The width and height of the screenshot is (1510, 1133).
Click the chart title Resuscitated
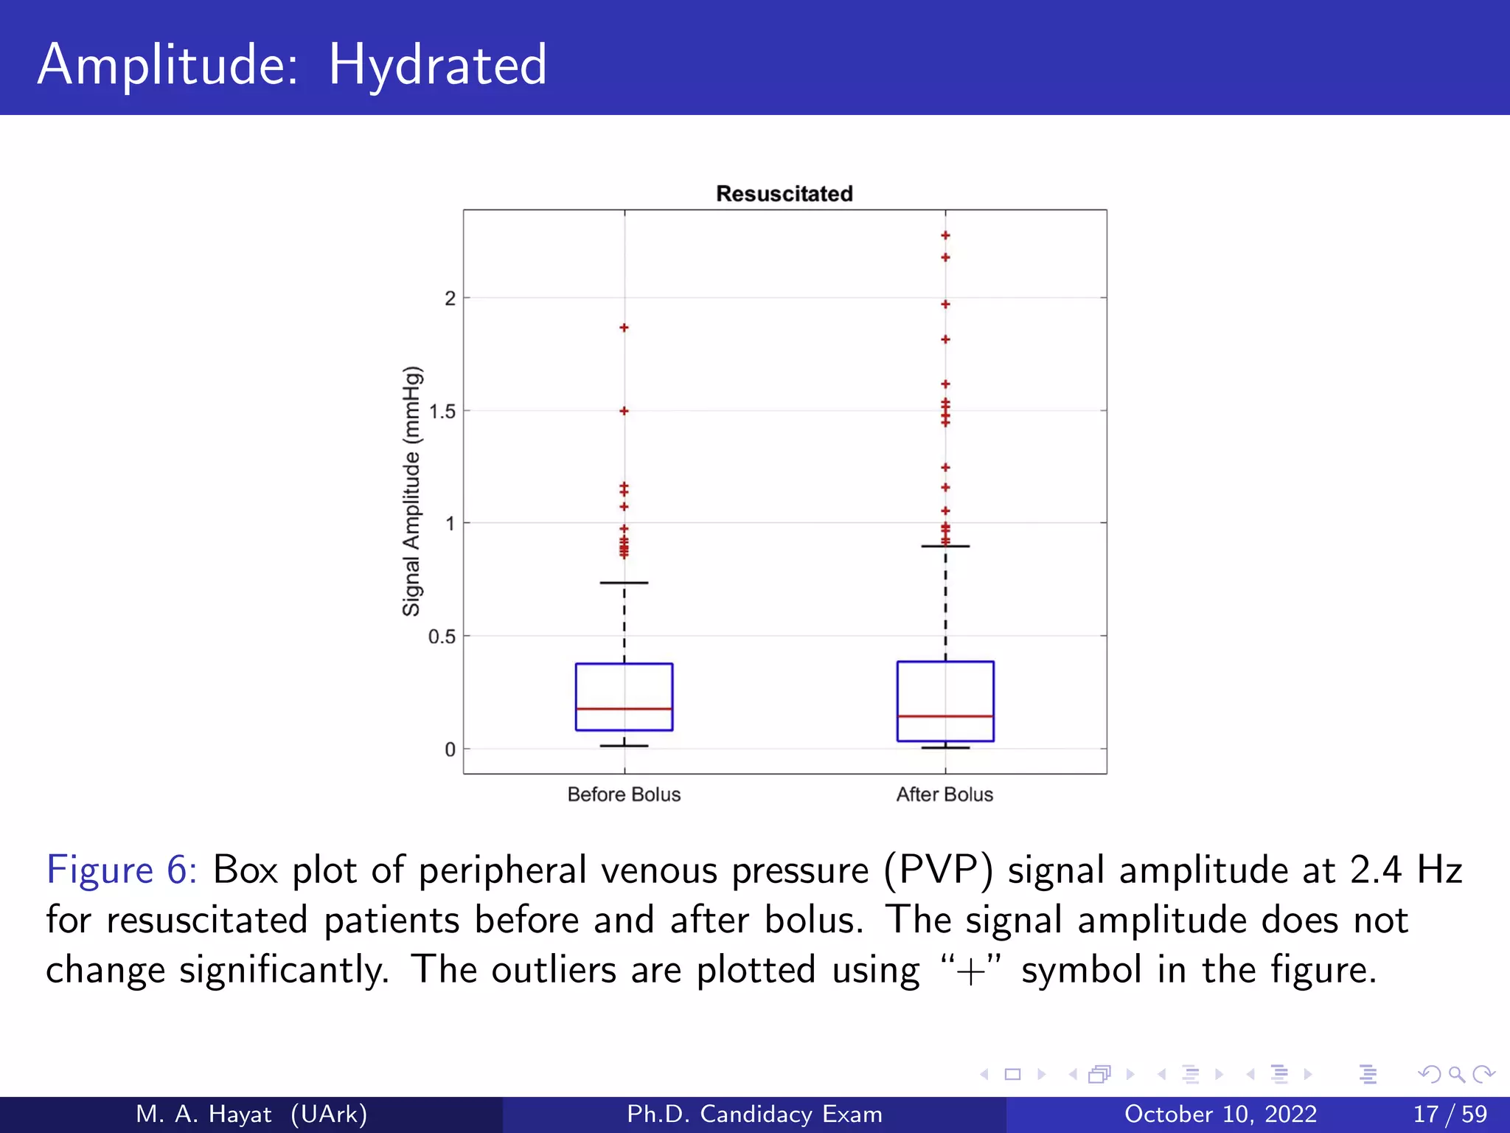pyautogui.click(x=784, y=194)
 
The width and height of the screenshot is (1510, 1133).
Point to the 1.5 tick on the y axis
pyautogui.click(x=442, y=412)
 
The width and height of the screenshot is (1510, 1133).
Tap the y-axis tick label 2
pyautogui.click(x=450, y=299)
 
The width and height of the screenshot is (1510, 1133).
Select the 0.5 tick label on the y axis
pyautogui.click(x=442, y=637)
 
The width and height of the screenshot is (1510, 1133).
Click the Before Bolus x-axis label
pyautogui.click(x=624, y=794)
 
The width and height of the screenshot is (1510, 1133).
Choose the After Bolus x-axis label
pyautogui.click(x=944, y=794)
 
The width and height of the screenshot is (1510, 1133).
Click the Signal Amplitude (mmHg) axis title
pyautogui.click(x=411, y=491)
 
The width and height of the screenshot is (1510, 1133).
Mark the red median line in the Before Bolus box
pyautogui.click(x=624, y=709)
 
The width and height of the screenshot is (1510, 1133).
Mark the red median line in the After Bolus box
pyautogui.click(x=945, y=716)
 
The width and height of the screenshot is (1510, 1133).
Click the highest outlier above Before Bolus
pyautogui.click(x=624, y=328)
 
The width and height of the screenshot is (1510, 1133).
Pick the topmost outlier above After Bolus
pyautogui.click(x=945, y=235)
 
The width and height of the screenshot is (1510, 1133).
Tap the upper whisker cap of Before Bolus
pyautogui.click(x=624, y=583)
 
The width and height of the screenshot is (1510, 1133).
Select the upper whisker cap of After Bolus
pyautogui.click(x=945, y=547)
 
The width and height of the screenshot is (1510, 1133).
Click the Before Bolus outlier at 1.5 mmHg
pyautogui.click(x=624, y=411)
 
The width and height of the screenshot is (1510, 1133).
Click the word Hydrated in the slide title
pyautogui.click(x=437, y=65)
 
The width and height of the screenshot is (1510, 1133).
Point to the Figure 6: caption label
pyautogui.click(x=122, y=870)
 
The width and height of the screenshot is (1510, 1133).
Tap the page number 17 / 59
pyautogui.click(x=1450, y=1114)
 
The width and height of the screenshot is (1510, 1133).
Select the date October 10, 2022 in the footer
pyautogui.click(x=1220, y=1114)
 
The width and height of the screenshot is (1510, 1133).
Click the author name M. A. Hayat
pyautogui.click(x=203, y=1114)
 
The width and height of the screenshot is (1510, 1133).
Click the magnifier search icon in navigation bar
pyautogui.click(x=1456, y=1075)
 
